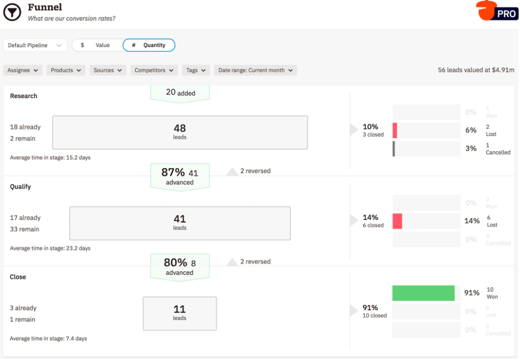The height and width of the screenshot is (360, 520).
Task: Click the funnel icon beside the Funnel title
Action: click(12, 12)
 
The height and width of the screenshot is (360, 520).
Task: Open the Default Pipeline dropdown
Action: click(35, 45)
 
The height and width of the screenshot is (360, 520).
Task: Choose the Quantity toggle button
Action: click(149, 45)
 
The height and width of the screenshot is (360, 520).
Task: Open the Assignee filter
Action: click(23, 71)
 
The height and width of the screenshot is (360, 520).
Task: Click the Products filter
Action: click(66, 71)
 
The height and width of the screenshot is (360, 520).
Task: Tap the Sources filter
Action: click(108, 71)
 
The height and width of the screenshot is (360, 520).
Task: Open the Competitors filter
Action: click(154, 71)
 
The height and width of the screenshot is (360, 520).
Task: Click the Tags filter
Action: click(196, 71)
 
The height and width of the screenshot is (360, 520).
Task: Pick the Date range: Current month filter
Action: click(256, 71)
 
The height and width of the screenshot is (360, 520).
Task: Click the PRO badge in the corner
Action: click(498, 11)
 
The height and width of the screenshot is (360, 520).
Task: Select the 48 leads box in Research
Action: click(180, 132)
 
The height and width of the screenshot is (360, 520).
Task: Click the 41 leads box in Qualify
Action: click(180, 223)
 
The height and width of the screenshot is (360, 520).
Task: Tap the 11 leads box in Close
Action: click(180, 313)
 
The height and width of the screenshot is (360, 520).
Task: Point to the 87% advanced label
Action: click(179, 176)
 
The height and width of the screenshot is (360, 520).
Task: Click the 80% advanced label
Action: click(179, 267)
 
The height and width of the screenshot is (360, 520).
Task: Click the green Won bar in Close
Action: click(423, 293)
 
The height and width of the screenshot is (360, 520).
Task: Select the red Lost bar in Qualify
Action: click(397, 221)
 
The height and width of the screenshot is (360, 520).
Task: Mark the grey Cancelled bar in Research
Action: click(394, 149)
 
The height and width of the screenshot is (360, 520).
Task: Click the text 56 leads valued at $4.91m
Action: click(476, 71)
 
